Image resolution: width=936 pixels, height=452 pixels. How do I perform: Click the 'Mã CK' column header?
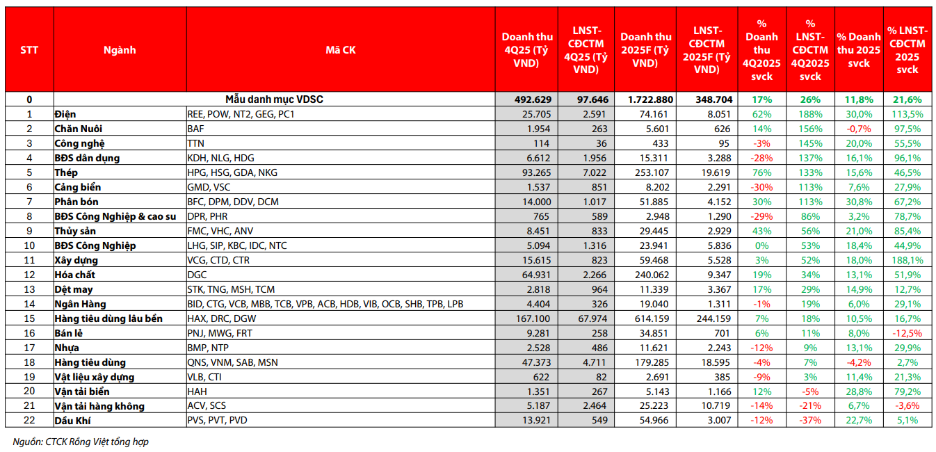coord(340,50)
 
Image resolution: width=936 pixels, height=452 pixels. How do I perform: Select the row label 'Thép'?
coord(67,172)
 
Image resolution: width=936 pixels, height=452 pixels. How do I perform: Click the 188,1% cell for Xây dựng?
coord(907,260)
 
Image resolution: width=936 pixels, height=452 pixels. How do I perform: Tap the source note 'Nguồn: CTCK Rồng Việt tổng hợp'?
coord(81,442)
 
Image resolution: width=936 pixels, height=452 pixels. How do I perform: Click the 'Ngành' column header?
coord(120,50)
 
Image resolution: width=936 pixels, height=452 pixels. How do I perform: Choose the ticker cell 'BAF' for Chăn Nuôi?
coord(197,129)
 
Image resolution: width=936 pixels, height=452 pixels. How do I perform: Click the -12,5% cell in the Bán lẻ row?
coord(907,333)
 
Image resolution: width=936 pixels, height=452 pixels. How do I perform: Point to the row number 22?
coord(29,420)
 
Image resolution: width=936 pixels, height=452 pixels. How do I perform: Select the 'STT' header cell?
coord(29,50)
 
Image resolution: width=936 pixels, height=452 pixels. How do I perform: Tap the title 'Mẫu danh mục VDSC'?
coord(274,99)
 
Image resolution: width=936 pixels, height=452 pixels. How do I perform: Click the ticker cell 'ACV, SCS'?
coord(207,405)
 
